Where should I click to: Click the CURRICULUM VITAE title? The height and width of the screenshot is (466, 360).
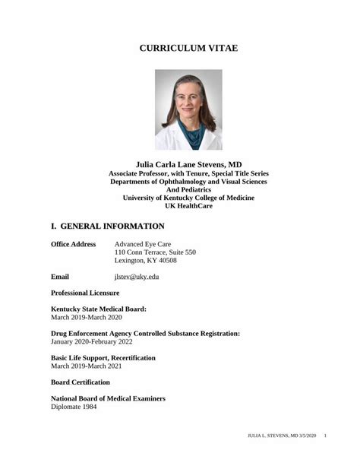188,48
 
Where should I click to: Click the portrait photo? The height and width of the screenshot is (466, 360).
188,109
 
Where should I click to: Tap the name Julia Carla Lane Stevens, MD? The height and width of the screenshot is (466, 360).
188,163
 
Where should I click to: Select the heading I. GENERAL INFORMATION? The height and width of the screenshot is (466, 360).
107,226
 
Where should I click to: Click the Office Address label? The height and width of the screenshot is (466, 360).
73,244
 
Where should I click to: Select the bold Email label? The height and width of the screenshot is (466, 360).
60,277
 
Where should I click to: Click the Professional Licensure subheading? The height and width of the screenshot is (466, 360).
85,293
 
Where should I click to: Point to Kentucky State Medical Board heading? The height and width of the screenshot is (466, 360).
99,309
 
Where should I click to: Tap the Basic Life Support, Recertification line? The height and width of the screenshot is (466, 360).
103,357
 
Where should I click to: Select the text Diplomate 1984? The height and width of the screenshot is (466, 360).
74,407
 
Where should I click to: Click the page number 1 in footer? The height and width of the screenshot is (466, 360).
325,436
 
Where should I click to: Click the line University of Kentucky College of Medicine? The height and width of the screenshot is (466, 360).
188,198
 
